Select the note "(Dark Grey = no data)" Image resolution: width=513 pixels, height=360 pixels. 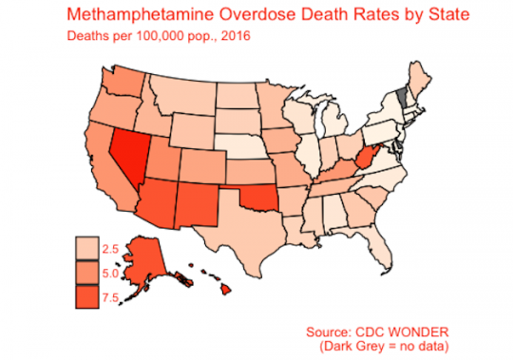tap(384, 347)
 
